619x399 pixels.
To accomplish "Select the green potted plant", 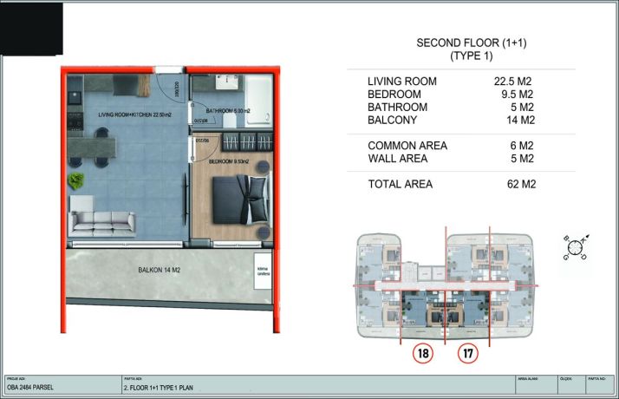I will (76, 180).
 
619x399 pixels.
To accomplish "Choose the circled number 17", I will (469, 353).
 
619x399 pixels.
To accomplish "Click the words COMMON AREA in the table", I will (407, 146).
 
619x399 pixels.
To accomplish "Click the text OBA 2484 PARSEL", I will (31, 389).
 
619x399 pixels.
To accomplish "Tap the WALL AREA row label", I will (401, 159).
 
